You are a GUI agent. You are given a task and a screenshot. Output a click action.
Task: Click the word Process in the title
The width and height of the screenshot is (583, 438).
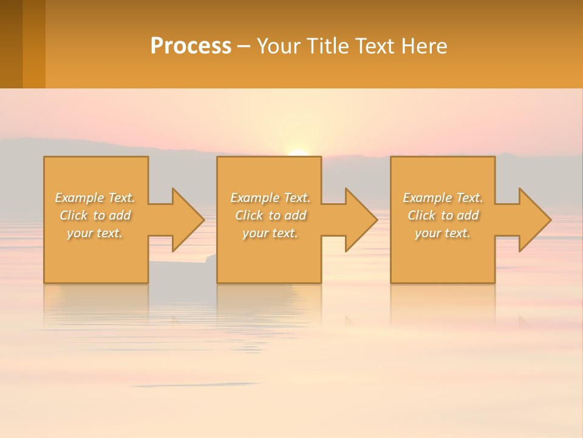tap(191, 46)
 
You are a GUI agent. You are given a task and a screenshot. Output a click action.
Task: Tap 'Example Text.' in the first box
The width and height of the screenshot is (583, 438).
tap(95, 198)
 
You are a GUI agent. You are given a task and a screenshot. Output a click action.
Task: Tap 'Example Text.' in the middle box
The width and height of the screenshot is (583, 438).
tap(270, 198)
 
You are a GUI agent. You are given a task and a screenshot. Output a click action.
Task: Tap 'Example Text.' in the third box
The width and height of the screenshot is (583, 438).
tap(443, 198)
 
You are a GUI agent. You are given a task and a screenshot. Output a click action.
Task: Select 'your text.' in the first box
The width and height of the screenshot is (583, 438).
tap(95, 233)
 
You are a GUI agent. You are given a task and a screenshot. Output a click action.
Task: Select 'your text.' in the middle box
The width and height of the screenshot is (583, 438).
tap(270, 233)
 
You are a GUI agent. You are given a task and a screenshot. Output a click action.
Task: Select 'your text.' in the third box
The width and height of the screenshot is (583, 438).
tap(443, 233)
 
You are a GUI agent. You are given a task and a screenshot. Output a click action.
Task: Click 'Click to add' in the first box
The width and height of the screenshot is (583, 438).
tap(95, 215)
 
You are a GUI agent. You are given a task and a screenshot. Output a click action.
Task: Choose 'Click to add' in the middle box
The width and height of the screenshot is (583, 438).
tap(270, 215)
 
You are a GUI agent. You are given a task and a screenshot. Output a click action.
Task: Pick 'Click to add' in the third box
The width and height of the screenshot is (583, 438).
tap(443, 215)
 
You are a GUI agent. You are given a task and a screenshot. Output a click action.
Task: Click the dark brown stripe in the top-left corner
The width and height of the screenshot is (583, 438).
tap(11, 44)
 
